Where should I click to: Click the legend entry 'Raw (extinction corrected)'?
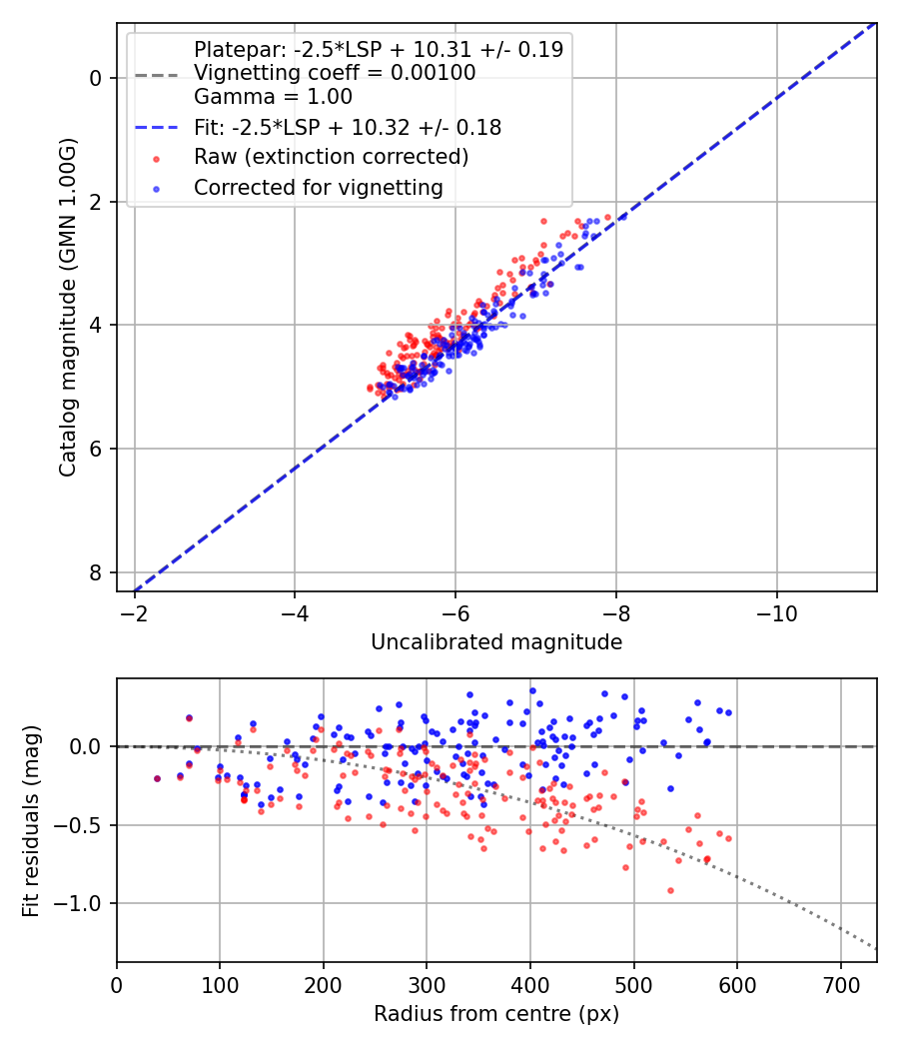coord(331,157)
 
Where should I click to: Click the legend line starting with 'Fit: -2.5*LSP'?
coord(348,128)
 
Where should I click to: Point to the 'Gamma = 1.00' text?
coord(273,97)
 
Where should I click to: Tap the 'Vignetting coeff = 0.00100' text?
coord(335,73)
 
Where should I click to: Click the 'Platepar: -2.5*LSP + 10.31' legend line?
coord(378,49)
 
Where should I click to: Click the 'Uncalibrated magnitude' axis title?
coord(496,642)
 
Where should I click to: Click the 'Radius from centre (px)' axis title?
coord(496,1014)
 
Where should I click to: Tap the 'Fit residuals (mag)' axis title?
coord(31,820)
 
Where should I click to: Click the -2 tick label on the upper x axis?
coord(134,613)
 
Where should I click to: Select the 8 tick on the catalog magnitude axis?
coord(98,572)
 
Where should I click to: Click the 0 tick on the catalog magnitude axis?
coord(98,78)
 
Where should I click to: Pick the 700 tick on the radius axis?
coord(840,985)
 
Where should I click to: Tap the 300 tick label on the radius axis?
coord(427,985)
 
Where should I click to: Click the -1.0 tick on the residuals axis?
coord(85,903)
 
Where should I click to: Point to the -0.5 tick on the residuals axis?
coord(85,825)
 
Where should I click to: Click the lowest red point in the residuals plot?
coord(670,890)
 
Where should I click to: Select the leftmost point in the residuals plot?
coord(157,778)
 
